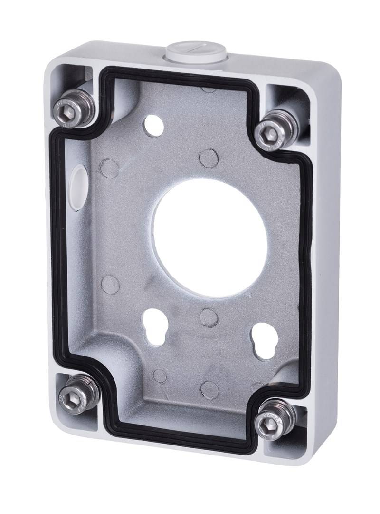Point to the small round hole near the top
(155, 124)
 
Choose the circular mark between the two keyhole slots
(208, 317)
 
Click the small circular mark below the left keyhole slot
(160, 376)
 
